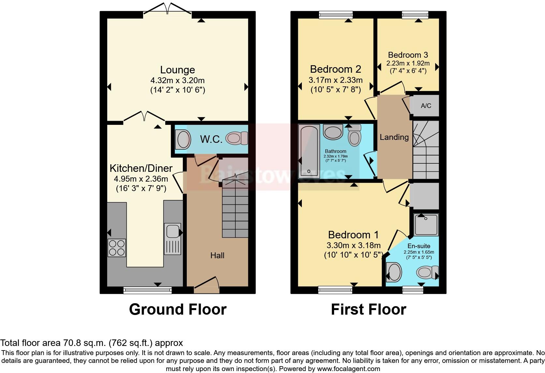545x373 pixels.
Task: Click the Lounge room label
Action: click(177, 70)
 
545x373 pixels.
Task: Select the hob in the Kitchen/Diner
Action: click(117, 248)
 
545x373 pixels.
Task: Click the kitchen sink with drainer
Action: click(173, 239)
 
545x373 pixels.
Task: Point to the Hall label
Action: click(217, 255)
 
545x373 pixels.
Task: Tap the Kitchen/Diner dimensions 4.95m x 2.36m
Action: click(141, 179)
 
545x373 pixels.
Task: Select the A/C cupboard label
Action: click(426, 106)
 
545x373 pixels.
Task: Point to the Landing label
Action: click(394, 137)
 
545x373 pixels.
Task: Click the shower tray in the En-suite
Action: click(426, 225)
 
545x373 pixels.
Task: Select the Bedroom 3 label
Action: click(408, 55)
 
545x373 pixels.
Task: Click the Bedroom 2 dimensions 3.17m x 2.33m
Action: click(335, 80)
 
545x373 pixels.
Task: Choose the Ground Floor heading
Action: click(178, 309)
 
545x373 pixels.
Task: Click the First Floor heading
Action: click(368, 309)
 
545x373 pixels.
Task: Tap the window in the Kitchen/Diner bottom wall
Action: click(147, 290)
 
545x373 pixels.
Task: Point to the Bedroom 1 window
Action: click(335, 290)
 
